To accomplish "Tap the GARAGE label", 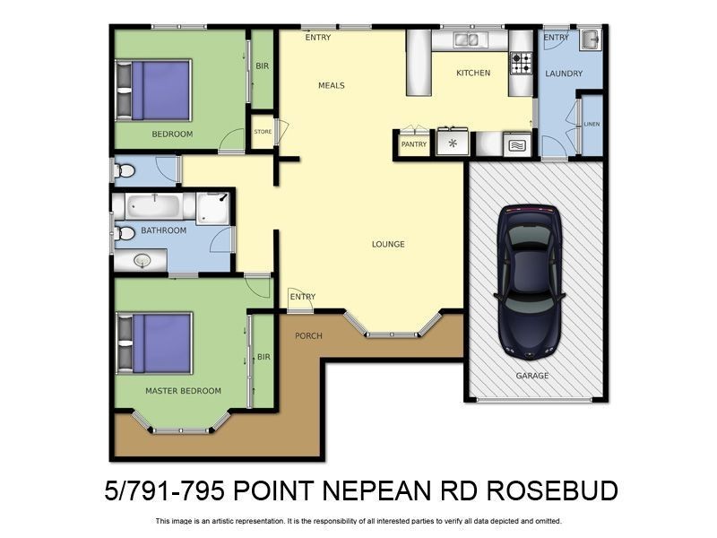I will pos(531,376).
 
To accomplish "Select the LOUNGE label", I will pos(388,244).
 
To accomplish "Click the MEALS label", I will pos(331,86).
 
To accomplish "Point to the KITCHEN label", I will pos(473,74).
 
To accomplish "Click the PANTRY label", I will pos(413,144).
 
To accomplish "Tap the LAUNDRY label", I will pos(564,74).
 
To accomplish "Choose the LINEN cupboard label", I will pos(592,124).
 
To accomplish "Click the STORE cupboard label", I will pos(263,132).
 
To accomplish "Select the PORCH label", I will pos(308,336).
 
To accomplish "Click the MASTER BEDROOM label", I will pos(183,391).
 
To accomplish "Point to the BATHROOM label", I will pos(163,230).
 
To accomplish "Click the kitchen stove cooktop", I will pos(521,63).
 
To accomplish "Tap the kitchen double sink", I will pos(466,40).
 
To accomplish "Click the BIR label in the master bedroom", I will pos(263,357).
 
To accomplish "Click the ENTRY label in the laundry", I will pos(556,38).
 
